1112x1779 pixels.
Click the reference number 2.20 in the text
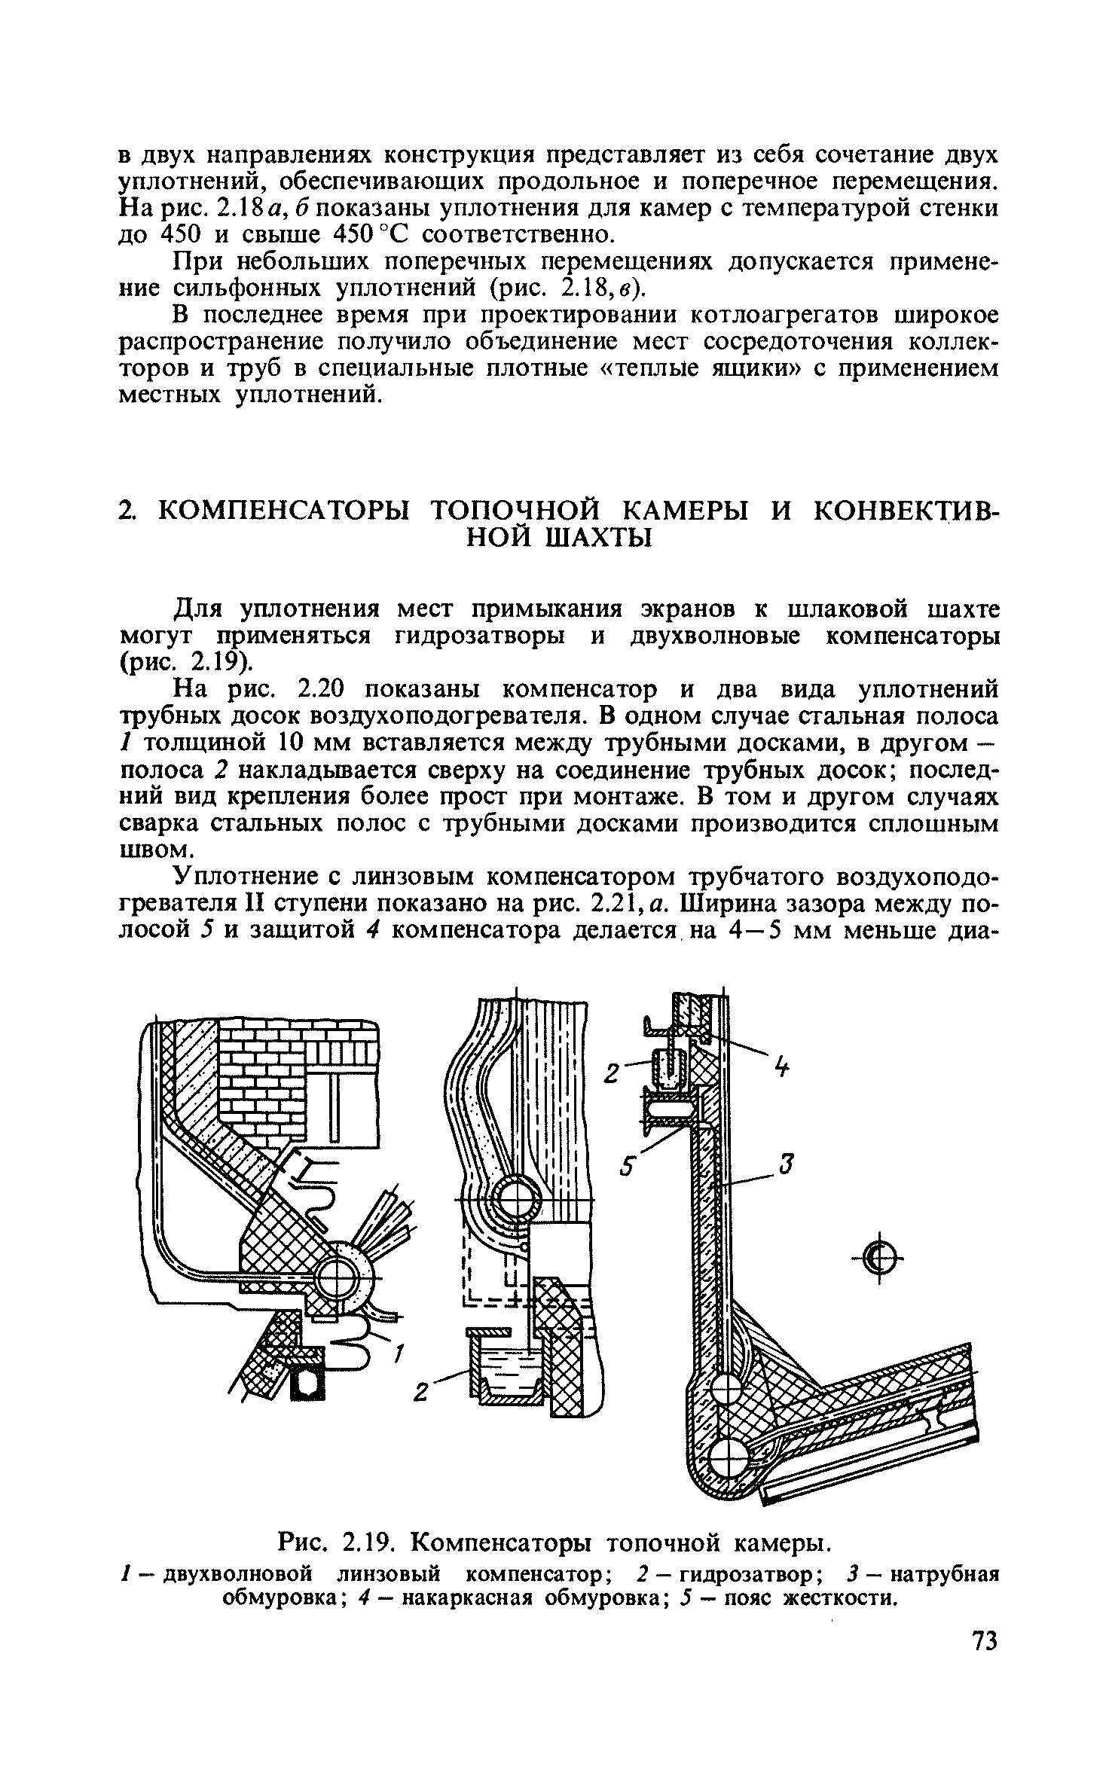321,688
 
